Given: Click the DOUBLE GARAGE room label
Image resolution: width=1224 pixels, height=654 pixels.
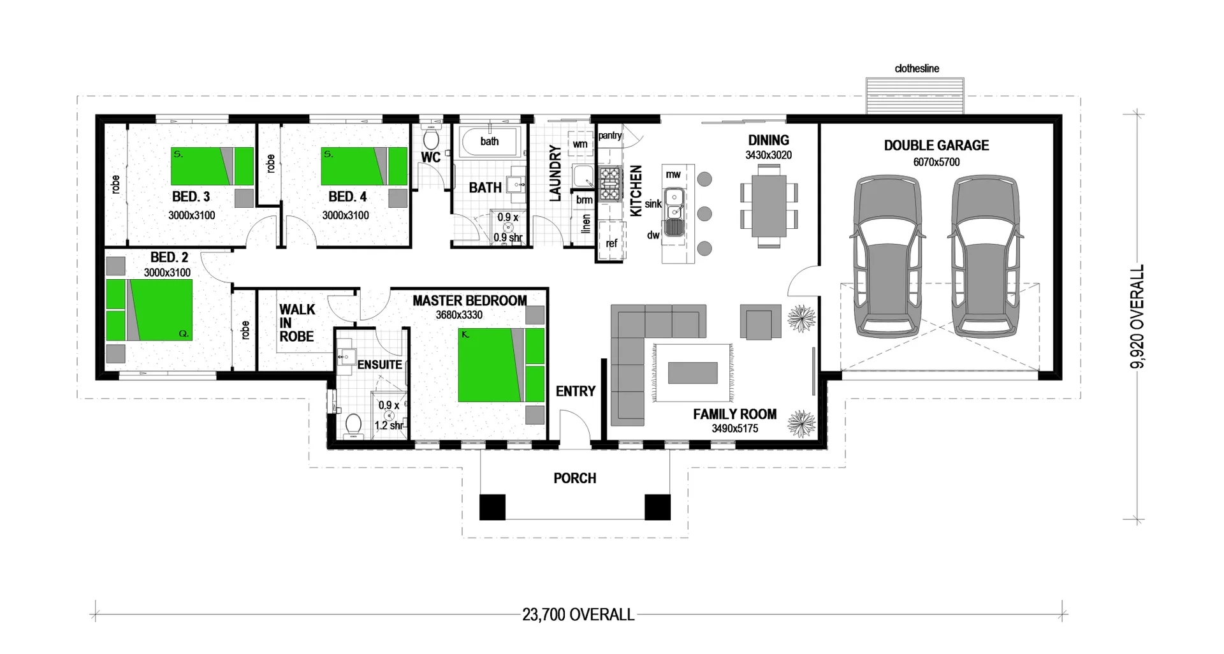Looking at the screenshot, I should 936,145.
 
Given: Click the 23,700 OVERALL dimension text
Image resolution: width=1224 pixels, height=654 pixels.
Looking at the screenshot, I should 578,614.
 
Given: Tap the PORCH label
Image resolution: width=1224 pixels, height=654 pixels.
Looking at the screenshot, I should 574,478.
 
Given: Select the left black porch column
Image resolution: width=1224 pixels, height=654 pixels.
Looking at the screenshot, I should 492,507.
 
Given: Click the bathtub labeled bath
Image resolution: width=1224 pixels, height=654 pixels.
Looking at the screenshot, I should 490,142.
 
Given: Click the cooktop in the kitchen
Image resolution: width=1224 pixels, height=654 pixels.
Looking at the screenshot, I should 609,182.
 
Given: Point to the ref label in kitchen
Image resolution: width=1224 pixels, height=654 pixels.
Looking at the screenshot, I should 611,243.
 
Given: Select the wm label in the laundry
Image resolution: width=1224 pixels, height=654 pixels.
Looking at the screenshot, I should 579,144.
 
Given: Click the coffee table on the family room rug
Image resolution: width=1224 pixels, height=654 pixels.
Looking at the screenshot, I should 692,373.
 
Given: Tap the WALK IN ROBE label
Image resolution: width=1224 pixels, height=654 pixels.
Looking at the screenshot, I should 296,323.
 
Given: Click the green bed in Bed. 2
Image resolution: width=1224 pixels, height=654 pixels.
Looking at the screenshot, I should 150,310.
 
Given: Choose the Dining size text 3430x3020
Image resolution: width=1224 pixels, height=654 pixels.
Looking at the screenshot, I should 768,156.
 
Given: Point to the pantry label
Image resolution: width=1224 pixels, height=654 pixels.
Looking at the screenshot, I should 609,136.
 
